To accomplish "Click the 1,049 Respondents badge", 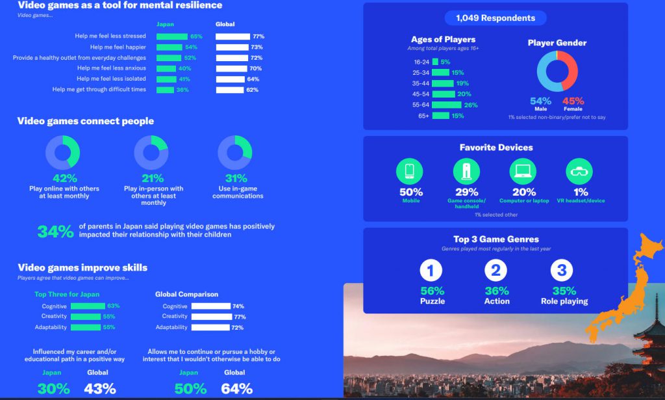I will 496,18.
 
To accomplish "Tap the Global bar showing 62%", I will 229,90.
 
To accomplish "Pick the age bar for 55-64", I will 446,105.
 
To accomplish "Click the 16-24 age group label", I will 421,62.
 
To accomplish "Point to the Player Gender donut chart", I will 557,71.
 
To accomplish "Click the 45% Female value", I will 573,101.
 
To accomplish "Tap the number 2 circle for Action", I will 497,270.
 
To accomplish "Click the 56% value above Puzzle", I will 432,291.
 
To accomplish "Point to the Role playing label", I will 564,301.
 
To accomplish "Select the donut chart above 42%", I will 62,152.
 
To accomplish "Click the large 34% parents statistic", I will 55,231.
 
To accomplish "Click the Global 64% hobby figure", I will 236,388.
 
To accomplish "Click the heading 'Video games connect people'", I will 86,121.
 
